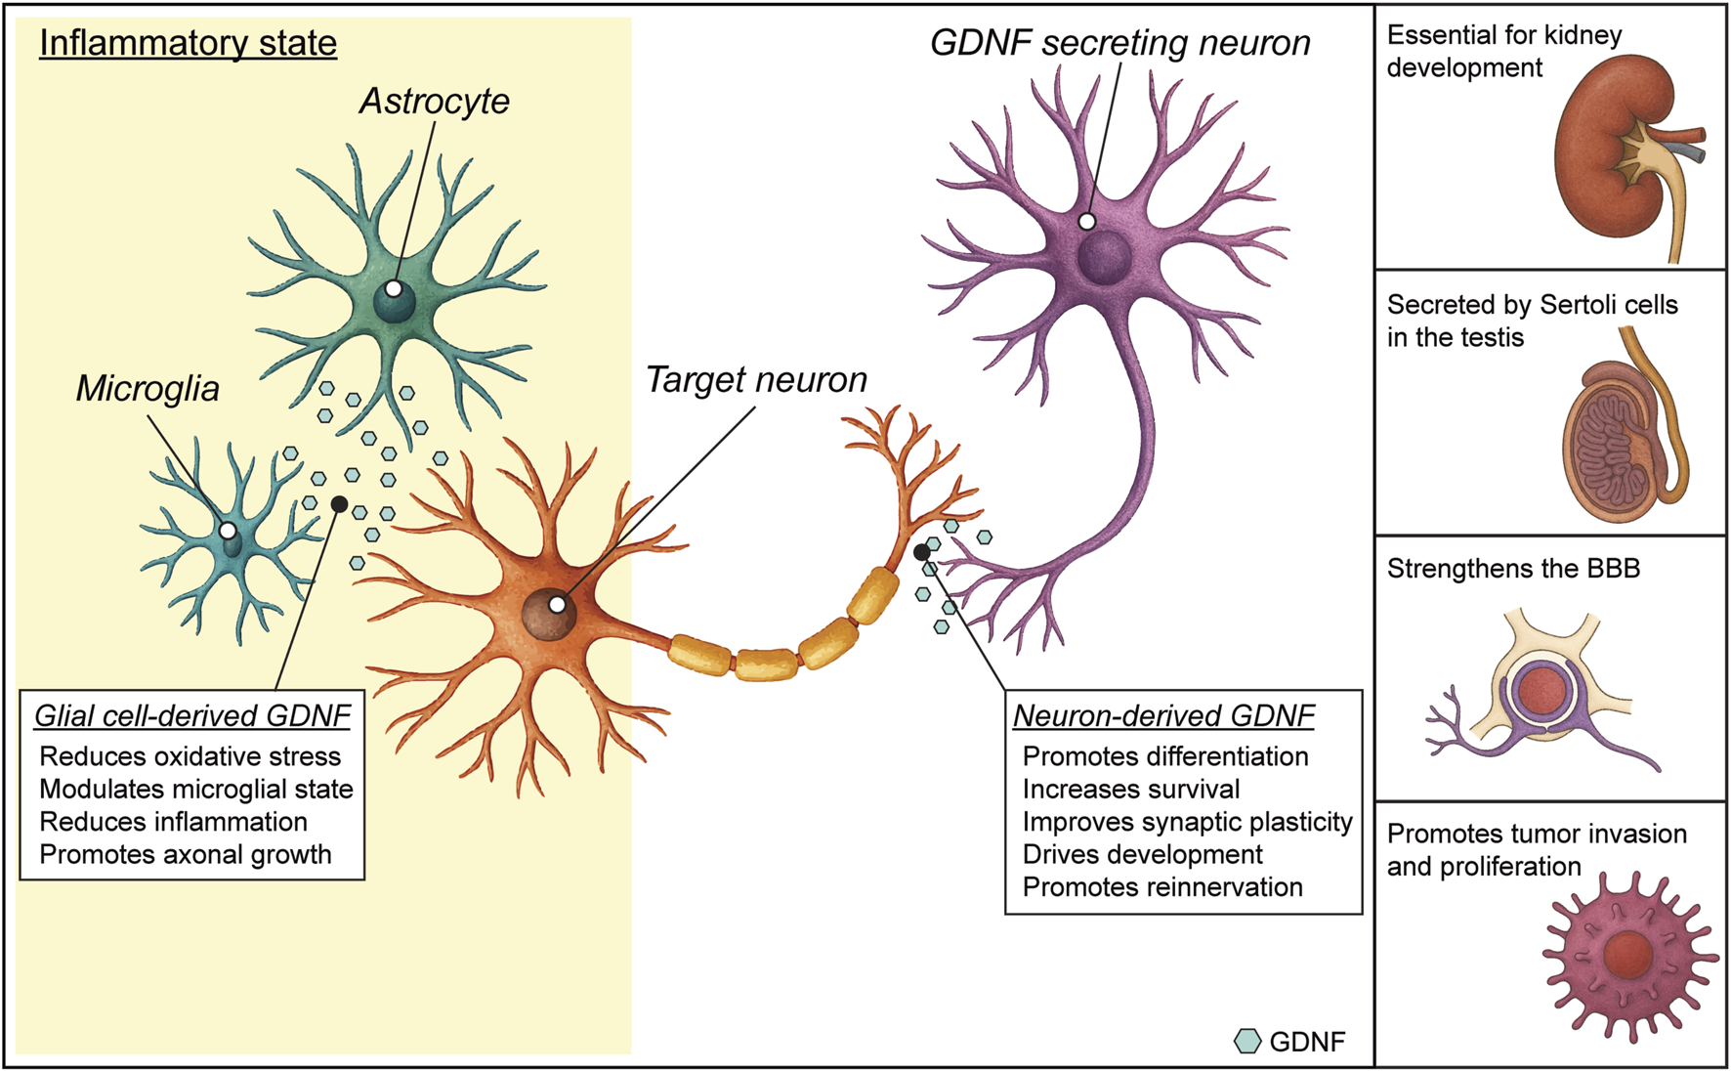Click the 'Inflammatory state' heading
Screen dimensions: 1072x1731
[x=188, y=44]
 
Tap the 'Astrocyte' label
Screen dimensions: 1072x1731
[x=434, y=102]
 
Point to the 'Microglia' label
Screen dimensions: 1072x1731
[x=148, y=389]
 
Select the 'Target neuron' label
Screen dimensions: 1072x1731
[x=756, y=380]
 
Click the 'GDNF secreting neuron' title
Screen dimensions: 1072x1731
[x=1119, y=44]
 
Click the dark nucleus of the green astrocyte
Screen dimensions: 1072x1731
[x=396, y=301]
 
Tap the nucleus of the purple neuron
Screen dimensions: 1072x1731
[x=1105, y=257]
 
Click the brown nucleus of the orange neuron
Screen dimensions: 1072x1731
[x=547, y=616]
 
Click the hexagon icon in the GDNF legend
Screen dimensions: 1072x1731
[x=1247, y=1042]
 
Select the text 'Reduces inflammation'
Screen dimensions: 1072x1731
[x=173, y=822]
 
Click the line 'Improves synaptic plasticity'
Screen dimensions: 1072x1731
[x=1187, y=822]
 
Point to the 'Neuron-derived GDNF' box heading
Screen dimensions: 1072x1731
[x=1163, y=716]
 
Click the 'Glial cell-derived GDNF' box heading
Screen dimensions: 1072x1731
[x=192, y=716]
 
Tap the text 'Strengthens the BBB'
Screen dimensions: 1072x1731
[x=1512, y=569]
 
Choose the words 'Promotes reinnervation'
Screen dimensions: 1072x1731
[x=1162, y=887]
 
